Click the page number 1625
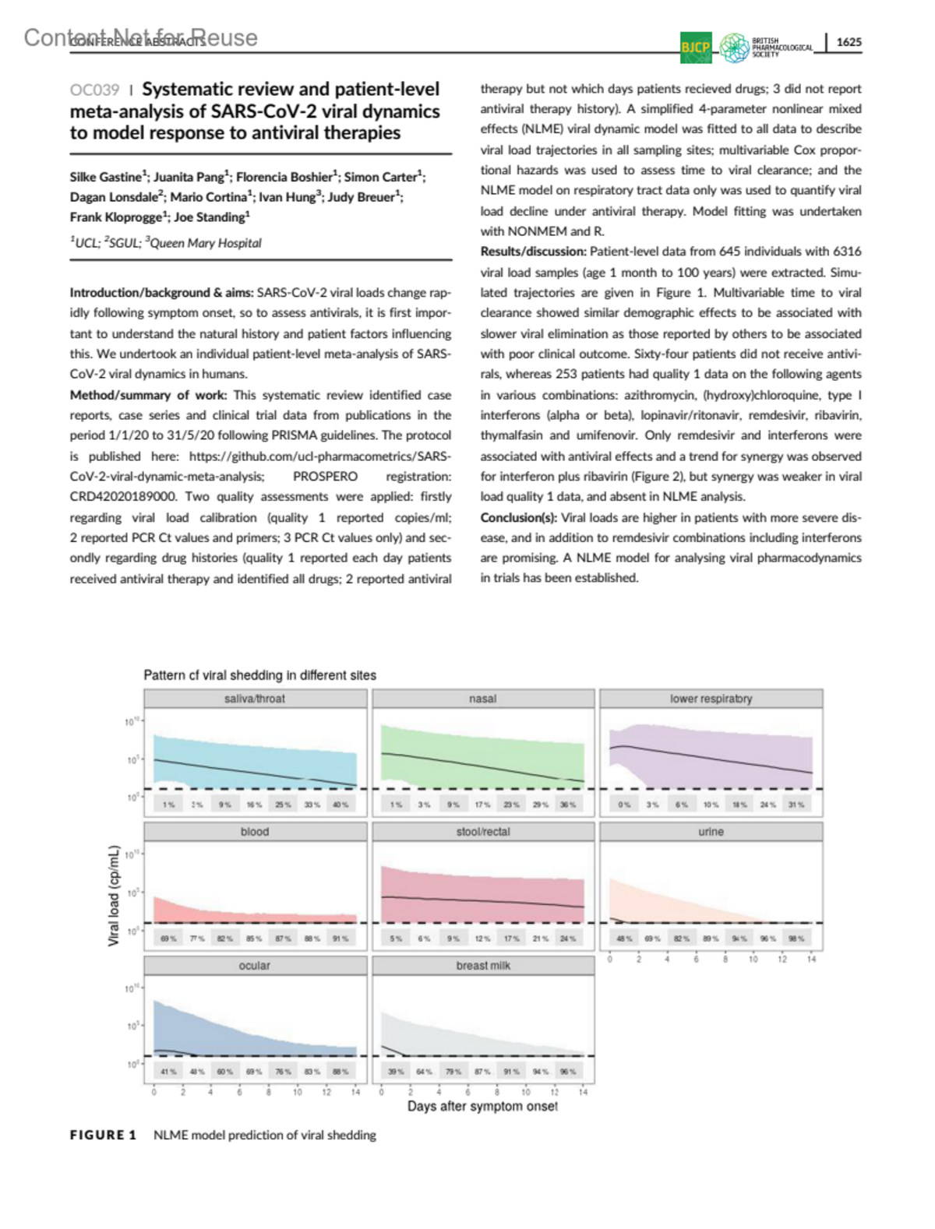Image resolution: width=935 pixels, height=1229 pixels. click(849, 42)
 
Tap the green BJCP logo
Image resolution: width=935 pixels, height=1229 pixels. click(695, 47)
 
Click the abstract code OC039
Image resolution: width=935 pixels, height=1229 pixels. click(94, 90)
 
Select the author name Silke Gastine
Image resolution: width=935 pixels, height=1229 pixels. click(106, 177)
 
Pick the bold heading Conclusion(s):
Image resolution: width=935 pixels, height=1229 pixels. click(518, 518)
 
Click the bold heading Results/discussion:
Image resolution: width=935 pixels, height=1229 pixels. click(533, 252)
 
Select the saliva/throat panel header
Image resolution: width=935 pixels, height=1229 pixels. click(255, 699)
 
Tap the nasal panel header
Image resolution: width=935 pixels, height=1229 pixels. click(482, 699)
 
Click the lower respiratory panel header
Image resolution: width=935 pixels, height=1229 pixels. click(711, 699)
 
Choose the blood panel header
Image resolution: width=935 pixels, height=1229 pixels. click(255, 832)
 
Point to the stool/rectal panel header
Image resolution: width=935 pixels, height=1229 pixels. click(482, 832)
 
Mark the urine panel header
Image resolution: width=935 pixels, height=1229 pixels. click(711, 832)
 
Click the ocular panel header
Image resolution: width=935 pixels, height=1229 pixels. click(255, 966)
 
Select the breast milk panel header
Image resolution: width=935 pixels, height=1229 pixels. click(482, 966)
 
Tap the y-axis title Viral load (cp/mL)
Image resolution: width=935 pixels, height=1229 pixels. click(114, 896)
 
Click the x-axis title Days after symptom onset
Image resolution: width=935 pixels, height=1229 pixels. click(482, 1106)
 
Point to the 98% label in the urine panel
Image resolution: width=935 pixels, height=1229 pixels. click(796, 938)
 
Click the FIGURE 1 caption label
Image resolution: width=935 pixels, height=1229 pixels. click(103, 1136)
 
